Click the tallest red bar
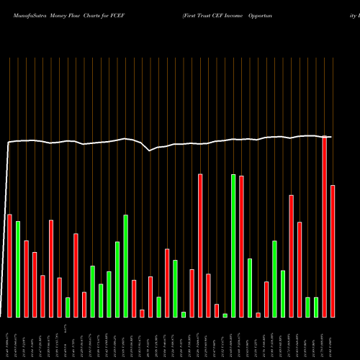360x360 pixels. coord(325,227)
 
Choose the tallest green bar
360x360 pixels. coord(233,245)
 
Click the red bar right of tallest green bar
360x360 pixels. coord(242,246)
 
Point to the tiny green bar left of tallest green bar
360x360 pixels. coord(225,315)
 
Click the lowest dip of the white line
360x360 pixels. coord(150,150)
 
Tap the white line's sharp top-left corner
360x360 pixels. coord(9,143)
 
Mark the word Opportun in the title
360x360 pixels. coord(312,13)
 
